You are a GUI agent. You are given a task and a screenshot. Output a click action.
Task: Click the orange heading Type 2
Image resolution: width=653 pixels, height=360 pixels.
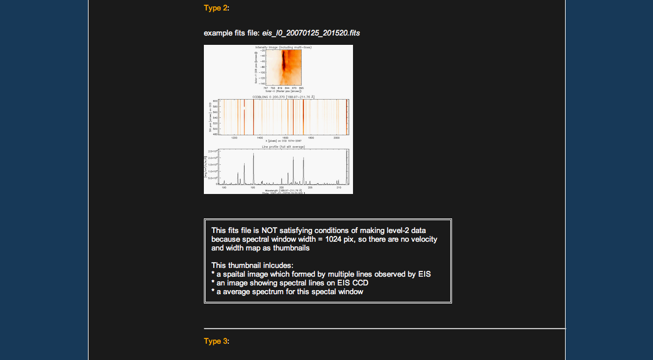coord(216,8)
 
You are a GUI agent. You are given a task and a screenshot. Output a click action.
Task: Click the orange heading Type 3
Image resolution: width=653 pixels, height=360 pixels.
coord(216,341)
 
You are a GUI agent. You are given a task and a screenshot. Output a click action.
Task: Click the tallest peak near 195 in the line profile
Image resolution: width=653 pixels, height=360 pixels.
coord(253,155)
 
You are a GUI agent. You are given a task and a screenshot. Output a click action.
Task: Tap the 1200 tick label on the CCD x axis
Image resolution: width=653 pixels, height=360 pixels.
coord(234,138)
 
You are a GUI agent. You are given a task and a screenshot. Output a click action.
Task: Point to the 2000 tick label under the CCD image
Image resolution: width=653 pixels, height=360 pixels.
coord(337,138)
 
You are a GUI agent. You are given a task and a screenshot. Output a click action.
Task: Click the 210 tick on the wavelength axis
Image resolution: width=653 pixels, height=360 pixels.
coord(338,188)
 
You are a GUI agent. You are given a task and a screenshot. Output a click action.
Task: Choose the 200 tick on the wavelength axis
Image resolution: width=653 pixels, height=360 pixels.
coord(281,188)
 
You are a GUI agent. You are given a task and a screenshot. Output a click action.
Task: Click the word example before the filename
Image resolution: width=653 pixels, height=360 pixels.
coord(218,33)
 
